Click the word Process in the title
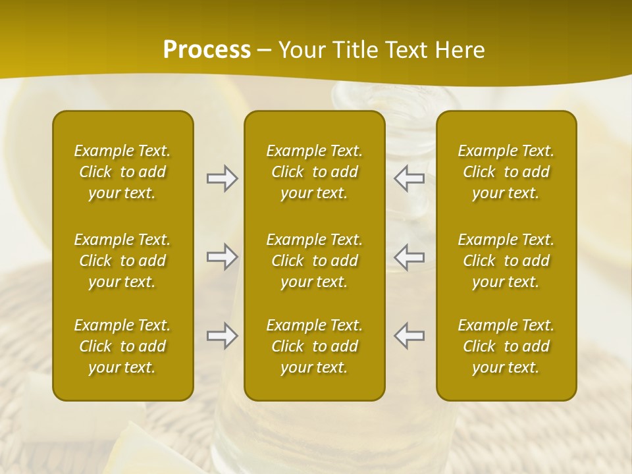207,50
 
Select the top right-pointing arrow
223,178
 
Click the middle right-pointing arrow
223,256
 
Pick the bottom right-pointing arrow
223,335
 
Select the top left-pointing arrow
409,178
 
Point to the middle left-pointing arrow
409,256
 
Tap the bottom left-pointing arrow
409,335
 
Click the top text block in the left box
122,172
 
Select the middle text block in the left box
122,261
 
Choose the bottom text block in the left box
122,346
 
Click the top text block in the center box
315,172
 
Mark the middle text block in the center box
315,261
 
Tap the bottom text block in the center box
315,346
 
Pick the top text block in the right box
506,172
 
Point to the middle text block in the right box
506,261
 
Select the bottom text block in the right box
506,346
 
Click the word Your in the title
301,50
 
